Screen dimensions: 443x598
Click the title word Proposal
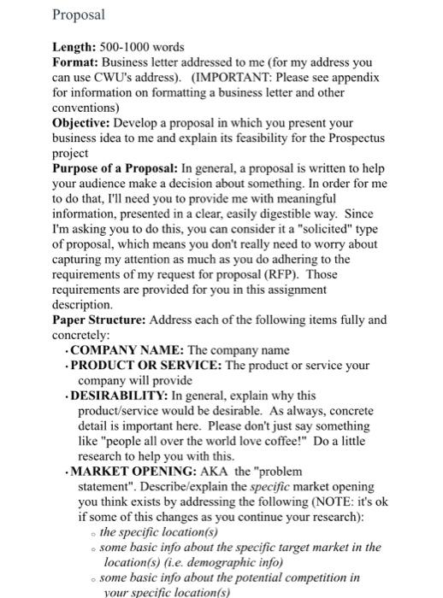pos(78,15)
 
